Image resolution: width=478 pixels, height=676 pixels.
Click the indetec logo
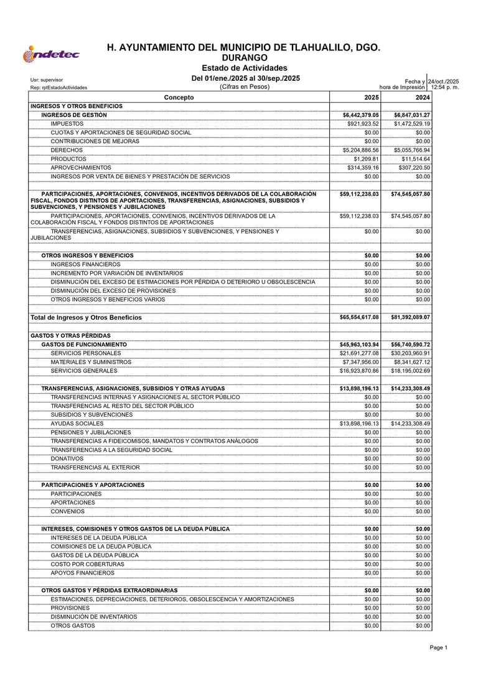click(51, 55)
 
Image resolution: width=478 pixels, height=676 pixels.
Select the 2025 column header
click(372, 98)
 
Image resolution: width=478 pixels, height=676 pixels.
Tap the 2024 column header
click(423, 98)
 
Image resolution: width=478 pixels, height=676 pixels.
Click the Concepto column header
click(179, 98)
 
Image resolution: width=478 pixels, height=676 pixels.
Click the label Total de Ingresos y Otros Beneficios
click(86, 317)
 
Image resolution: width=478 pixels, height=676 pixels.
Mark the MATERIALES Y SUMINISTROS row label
click(91, 362)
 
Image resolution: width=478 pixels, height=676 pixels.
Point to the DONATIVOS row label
click(67, 458)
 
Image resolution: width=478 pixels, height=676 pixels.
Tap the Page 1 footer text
click(438, 648)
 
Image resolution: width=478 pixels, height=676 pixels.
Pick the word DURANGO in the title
click(244, 58)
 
